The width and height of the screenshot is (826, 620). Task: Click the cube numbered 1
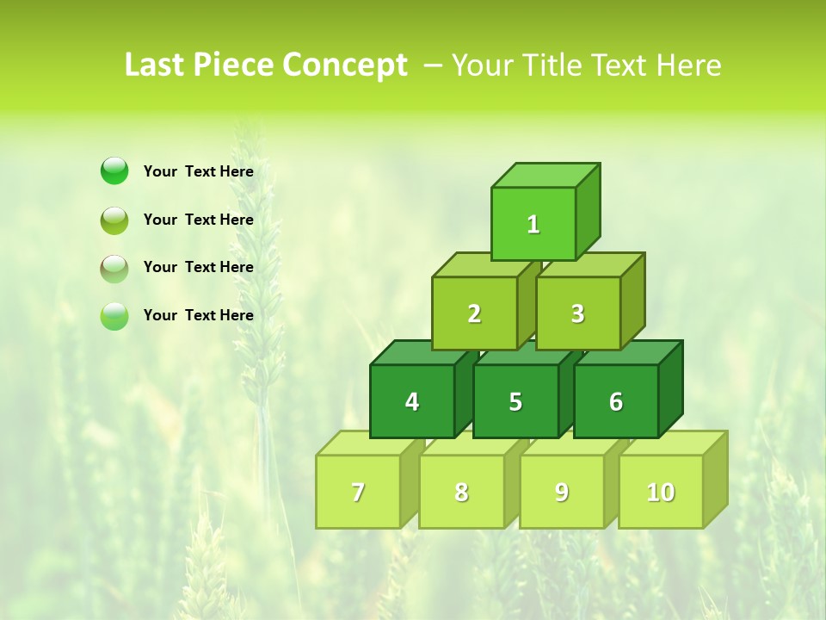click(x=533, y=224)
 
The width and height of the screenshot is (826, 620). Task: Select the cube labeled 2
click(x=474, y=313)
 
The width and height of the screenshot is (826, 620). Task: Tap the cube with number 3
click(x=577, y=313)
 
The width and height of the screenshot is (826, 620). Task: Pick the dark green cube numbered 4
click(x=412, y=401)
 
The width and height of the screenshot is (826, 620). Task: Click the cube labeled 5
click(x=515, y=401)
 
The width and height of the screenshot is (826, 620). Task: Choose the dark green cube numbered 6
click(x=616, y=401)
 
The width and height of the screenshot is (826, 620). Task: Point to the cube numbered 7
click(x=358, y=492)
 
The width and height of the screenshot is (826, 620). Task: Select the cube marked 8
click(x=461, y=492)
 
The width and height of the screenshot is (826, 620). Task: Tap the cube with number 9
click(x=562, y=492)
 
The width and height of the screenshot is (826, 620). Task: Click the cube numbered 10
click(x=661, y=492)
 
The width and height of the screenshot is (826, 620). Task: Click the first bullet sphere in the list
click(x=114, y=170)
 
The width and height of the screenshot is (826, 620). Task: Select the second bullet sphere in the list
click(x=114, y=220)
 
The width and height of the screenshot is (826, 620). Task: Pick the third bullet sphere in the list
click(x=114, y=268)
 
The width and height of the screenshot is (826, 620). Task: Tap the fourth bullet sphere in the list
click(x=114, y=315)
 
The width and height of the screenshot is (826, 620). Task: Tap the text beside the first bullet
click(x=199, y=171)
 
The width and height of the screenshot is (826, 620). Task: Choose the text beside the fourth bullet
click(x=199, y=315)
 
